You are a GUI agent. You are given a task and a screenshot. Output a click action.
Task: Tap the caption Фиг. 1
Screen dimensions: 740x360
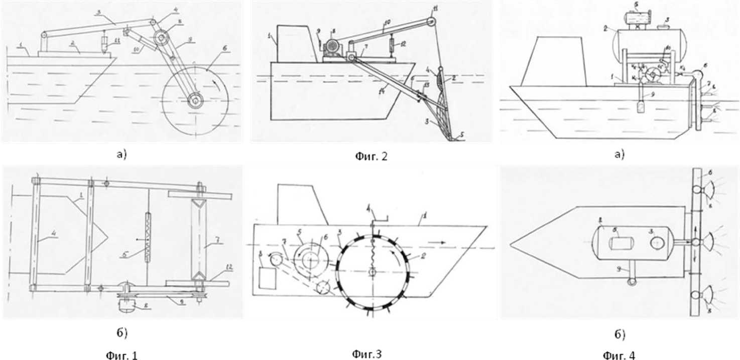point(120,355)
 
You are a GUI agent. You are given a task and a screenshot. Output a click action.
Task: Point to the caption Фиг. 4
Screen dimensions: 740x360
point(619,355)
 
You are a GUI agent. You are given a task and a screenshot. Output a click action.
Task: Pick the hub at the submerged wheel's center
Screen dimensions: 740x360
point(194,100)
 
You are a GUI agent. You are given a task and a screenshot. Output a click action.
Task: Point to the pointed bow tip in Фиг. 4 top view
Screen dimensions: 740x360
point(511,245)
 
